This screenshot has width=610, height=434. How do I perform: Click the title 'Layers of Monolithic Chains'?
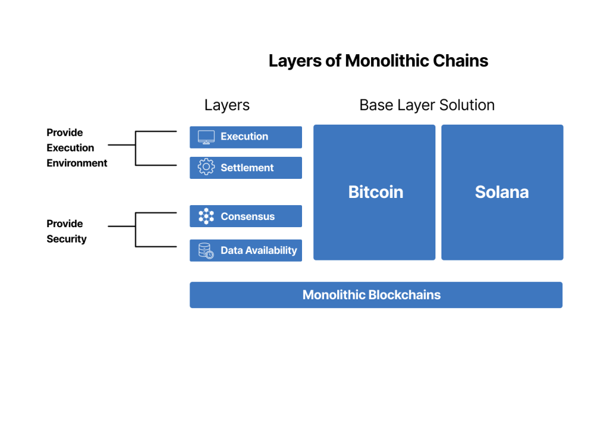pos(378,61)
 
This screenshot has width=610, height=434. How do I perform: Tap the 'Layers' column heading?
pos(226,106)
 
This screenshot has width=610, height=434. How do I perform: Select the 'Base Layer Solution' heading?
pos(427,106)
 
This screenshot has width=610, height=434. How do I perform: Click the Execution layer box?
pos(245,137)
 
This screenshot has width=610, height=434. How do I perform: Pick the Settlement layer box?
pos(245,168)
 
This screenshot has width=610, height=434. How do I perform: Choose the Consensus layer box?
pos(245,216)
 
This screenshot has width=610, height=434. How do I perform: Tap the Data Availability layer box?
pos(245,250)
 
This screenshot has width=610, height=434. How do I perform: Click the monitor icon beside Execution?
pos(206,137)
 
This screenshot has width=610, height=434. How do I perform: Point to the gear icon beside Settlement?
pos(206,168)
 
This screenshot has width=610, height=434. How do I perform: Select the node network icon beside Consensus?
pos(206,216)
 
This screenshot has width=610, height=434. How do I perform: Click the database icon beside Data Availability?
pos(206,250)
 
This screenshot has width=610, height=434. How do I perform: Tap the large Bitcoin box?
pos(375,192)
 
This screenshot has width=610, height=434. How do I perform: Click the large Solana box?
pos(502,192)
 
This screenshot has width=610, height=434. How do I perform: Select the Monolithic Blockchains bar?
pos(376,295)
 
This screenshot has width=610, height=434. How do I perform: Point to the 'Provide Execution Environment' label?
pos(76,148)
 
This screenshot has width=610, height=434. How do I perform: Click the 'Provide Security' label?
pos(66,231)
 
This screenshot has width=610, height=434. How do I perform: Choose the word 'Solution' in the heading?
pos(466,106)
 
